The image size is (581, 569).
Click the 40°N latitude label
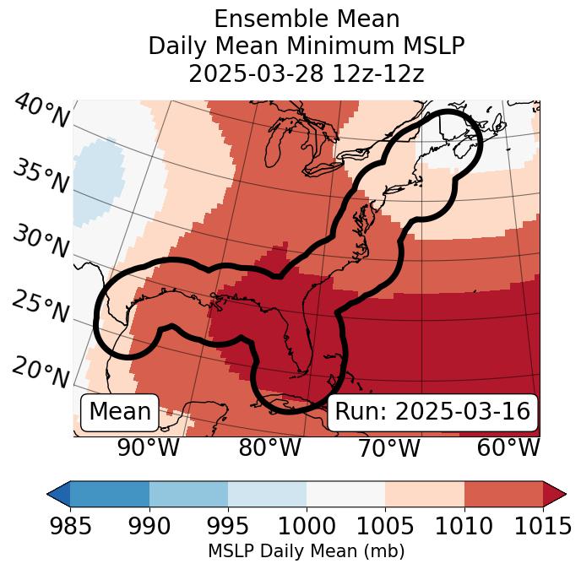point(41,111)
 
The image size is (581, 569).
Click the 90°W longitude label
point(149,447)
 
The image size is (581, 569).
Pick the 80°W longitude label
point(269,447)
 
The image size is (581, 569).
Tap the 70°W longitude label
point(388,447)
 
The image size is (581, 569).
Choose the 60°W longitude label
point(508,447)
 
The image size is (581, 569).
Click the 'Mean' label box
point(120,412)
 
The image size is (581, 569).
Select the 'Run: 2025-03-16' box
point(432,412)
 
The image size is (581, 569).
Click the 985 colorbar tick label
point(70,527)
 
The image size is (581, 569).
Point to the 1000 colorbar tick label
point(307,527)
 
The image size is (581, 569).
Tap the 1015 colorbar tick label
point(542,527)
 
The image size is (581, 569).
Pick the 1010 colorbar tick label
point(464,527)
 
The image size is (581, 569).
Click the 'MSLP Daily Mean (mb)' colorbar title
point(307,552)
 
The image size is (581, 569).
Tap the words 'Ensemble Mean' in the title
point(307,19)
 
